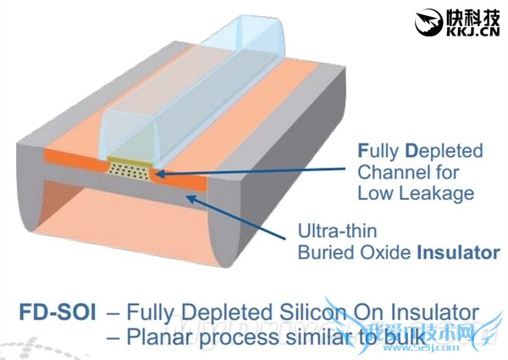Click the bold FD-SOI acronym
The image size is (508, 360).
pos(57,312)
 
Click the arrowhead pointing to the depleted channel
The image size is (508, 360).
pos(157,174)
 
